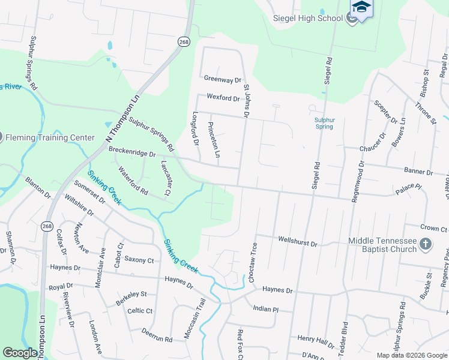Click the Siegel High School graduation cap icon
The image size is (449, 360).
point(361,7)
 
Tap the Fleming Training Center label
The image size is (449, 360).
point(50,137)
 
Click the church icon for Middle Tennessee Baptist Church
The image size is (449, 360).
point(426,244)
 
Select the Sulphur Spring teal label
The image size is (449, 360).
point(324,123)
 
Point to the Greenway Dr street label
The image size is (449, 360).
point(222,79)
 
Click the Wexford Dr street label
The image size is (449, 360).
point(223,97)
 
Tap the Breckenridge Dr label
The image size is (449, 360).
point(131,154)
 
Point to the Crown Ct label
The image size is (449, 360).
point(434,229)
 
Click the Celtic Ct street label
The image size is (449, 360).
point(140,311)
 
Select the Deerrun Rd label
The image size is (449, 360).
point(157,335)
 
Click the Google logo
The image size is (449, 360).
point(20,353)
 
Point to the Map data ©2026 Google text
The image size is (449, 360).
point(411,355)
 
